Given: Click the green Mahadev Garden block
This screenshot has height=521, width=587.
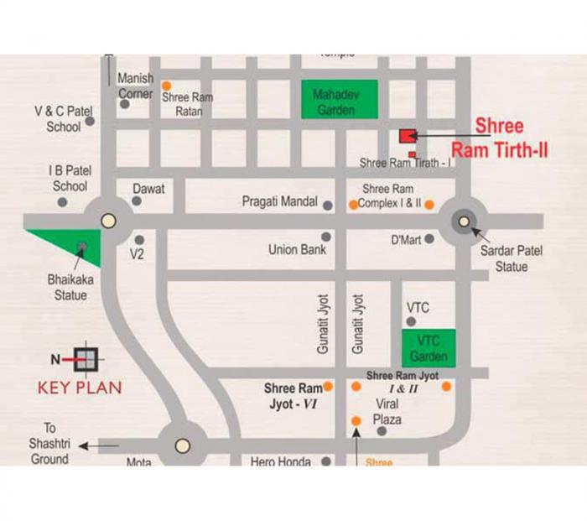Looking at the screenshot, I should [339, 101].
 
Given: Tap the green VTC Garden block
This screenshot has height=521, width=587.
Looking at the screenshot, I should [428, 347].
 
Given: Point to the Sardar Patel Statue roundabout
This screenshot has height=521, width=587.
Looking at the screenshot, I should [464, 221].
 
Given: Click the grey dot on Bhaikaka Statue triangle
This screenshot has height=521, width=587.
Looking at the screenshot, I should [81, 247].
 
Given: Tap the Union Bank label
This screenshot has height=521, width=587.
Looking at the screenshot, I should [297, 249].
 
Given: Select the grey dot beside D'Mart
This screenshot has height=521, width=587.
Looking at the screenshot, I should [429, 239].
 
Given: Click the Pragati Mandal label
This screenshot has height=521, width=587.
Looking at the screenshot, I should [279, 201].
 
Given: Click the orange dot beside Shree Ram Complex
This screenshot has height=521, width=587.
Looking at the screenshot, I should [429, 204].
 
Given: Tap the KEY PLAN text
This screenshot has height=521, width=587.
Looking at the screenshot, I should [80, 388].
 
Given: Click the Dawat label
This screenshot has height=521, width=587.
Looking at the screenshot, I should [148, 189].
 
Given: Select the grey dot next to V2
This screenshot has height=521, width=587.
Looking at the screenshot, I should [139, 240].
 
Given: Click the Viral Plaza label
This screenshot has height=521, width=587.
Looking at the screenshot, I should [387, 412].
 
